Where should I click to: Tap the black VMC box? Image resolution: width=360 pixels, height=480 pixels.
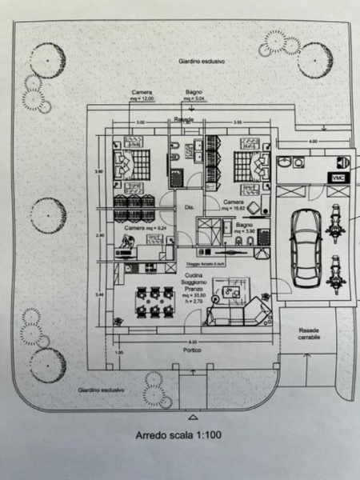pos(334,177)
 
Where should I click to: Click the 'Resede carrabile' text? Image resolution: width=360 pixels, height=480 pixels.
pos(309,334)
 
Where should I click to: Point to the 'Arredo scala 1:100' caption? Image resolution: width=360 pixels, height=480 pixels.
pos(179,436)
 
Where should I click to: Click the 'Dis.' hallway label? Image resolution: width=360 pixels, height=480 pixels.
pos(190,207)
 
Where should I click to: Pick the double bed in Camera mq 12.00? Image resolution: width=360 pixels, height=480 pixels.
pos(130,165)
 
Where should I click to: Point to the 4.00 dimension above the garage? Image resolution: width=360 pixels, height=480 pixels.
pos(313,142)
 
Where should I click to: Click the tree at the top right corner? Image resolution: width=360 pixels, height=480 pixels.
pos(314,58)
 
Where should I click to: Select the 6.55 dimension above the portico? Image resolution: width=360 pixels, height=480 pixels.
pos(192,342)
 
